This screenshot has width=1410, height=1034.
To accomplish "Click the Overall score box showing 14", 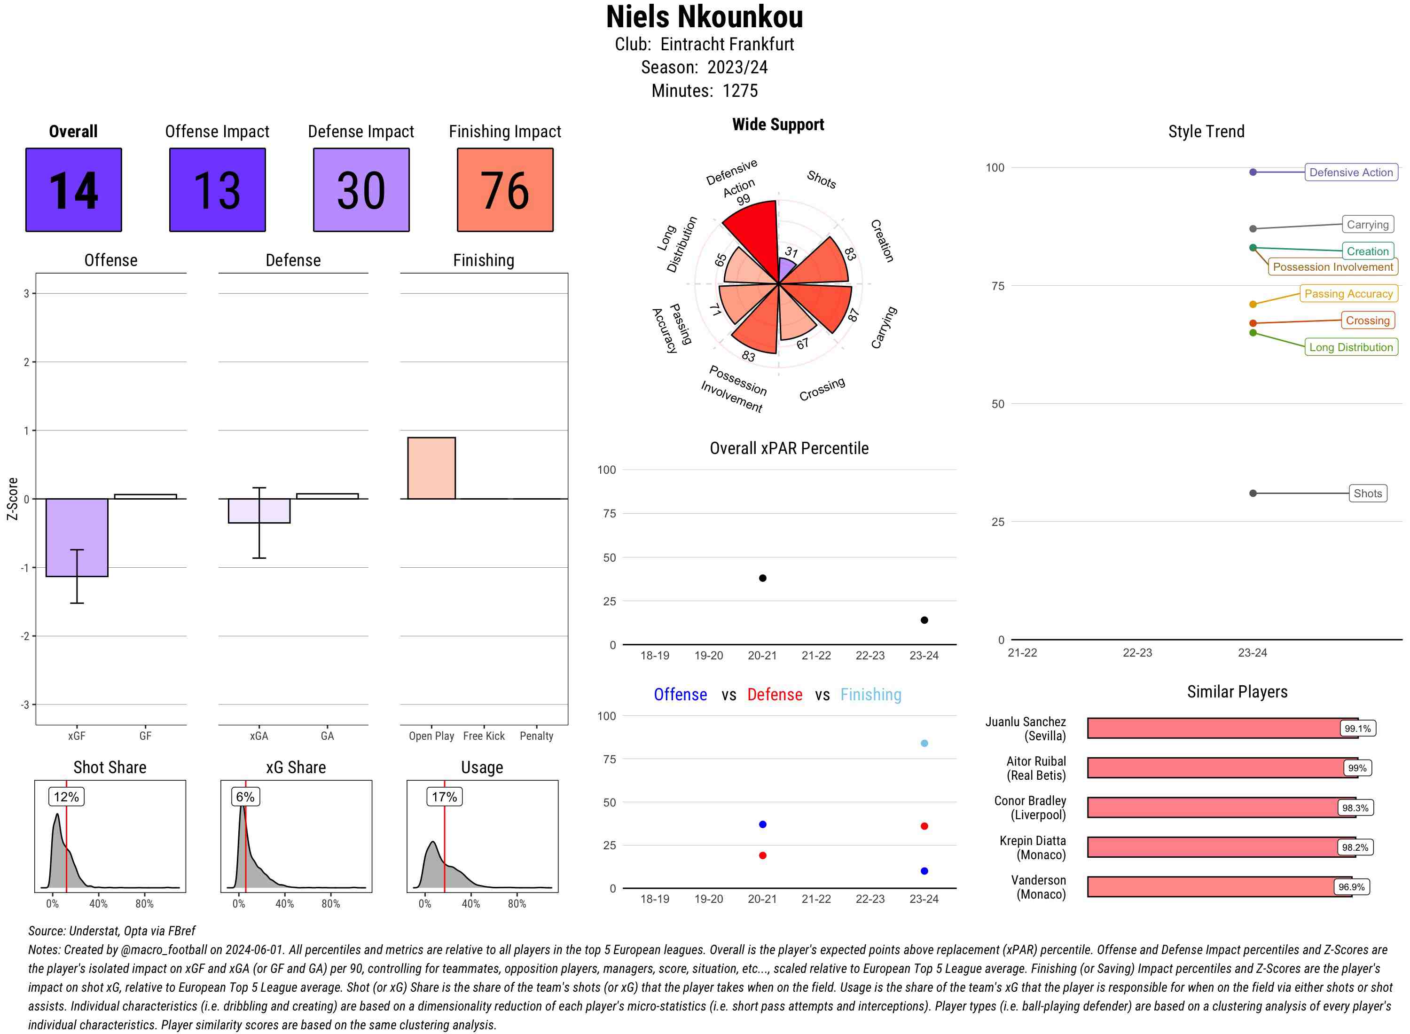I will [73, 190].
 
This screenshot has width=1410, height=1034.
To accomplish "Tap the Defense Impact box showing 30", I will [361, 190].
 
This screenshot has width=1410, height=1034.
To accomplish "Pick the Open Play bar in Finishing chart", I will [431, 468].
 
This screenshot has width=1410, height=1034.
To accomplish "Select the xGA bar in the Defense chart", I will [259, 511].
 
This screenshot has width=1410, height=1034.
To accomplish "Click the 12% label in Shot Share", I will [66, 797].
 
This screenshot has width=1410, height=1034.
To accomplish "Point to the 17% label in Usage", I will [444, 797].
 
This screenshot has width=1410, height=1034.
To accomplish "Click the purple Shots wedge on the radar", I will [786, 270].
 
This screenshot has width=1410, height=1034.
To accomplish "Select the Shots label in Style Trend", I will [1367, 493].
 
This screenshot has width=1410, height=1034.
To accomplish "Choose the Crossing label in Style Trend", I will [1367, 321].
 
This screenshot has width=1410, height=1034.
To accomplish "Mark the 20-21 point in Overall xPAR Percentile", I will [762, 578].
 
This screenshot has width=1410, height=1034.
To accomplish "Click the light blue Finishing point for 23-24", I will [924, 743].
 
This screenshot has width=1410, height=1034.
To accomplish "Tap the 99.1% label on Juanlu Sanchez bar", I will [1357, 728].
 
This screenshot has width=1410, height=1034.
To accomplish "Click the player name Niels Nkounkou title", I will [704, 17].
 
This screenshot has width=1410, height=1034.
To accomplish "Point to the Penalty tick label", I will [536, 736].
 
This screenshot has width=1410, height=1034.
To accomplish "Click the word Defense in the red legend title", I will [774, 695].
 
